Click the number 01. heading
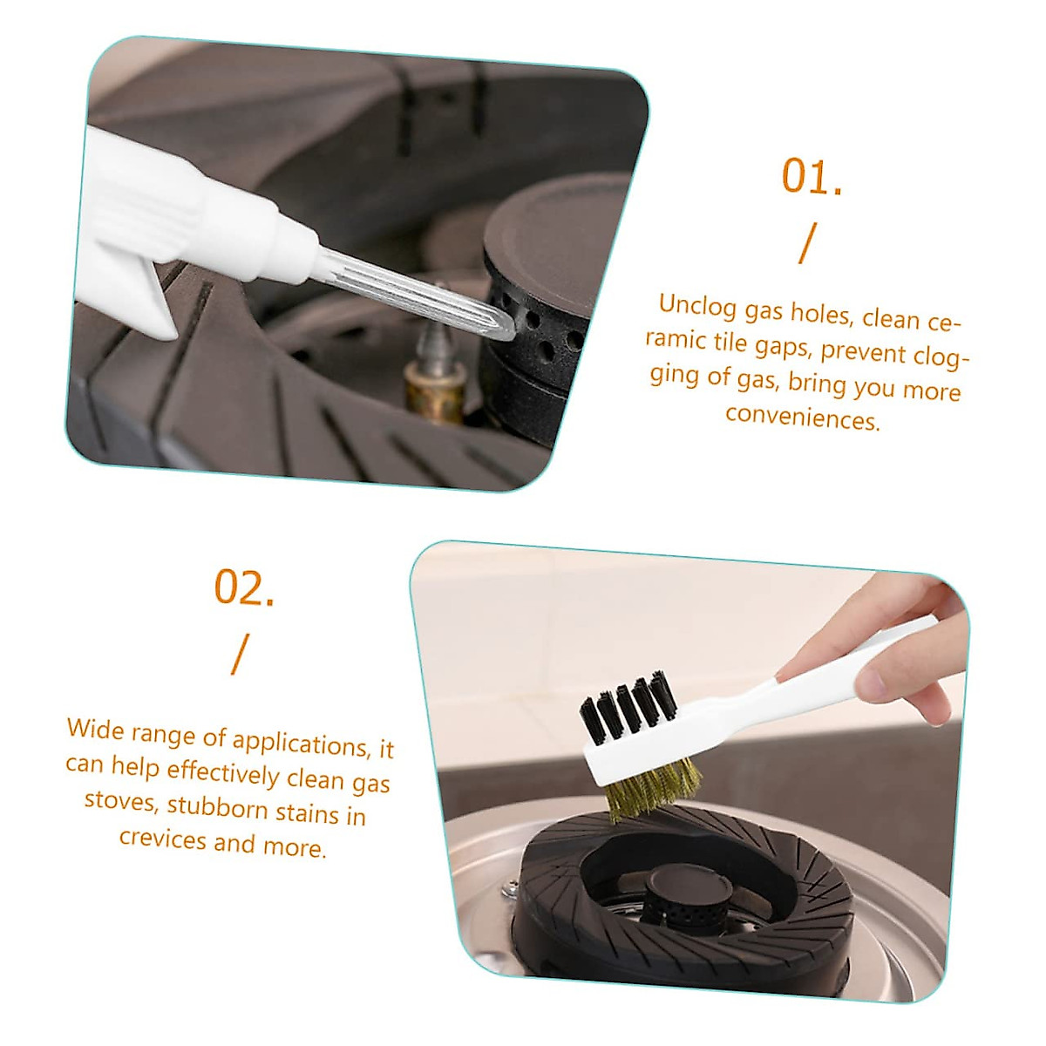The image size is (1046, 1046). (x=811, y=177)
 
